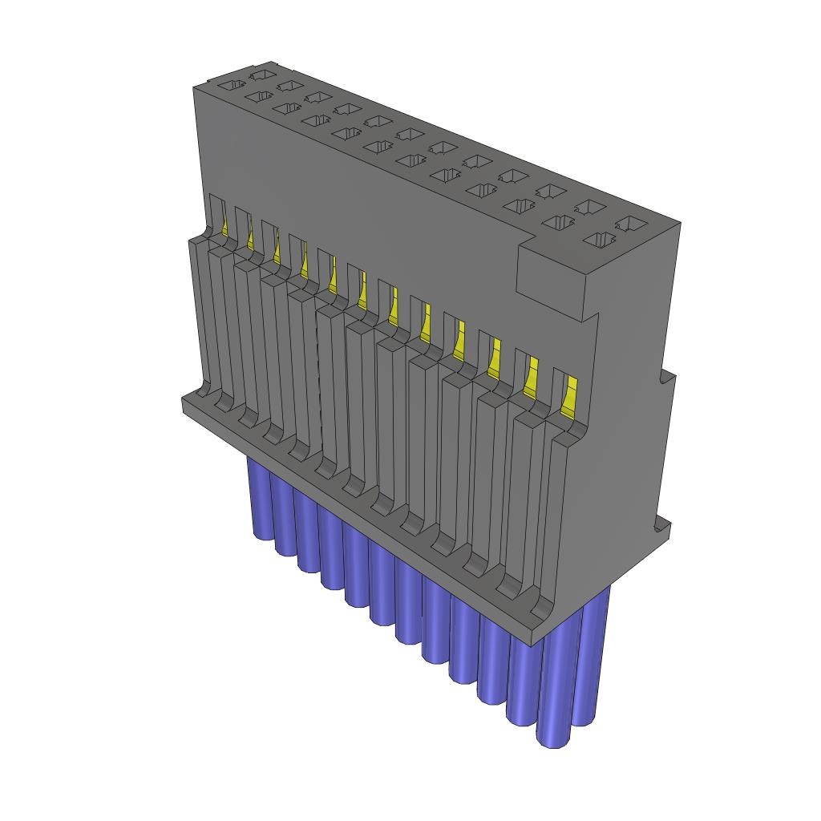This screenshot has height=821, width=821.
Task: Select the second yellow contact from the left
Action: pos(250,237)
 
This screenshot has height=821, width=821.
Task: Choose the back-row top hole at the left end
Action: pos(260,75)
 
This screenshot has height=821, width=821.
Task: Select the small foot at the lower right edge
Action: pos(661,527)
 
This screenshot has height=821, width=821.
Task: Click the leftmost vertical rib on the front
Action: pos(199,321)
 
